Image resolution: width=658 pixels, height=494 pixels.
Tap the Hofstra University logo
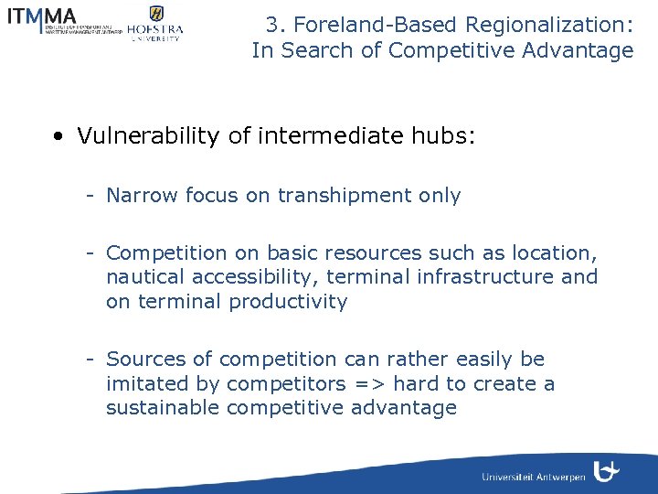click(x=154, y=23)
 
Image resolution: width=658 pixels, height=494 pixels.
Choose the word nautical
click(x=143, y=277)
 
